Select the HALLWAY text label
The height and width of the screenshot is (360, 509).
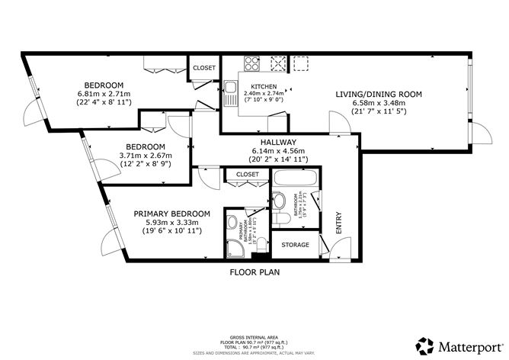tap(276, 143)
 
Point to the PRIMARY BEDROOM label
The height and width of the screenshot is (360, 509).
tap(171, 214)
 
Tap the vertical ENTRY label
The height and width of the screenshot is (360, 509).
tap(339, 223)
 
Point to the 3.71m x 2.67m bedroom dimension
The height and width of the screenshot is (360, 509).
tap(146, 156)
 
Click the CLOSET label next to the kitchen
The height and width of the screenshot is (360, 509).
tap(204, 68)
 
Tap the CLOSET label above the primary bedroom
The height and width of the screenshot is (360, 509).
tap(247, 175)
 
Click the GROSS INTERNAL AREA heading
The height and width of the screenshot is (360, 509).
tap(254, 336)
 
